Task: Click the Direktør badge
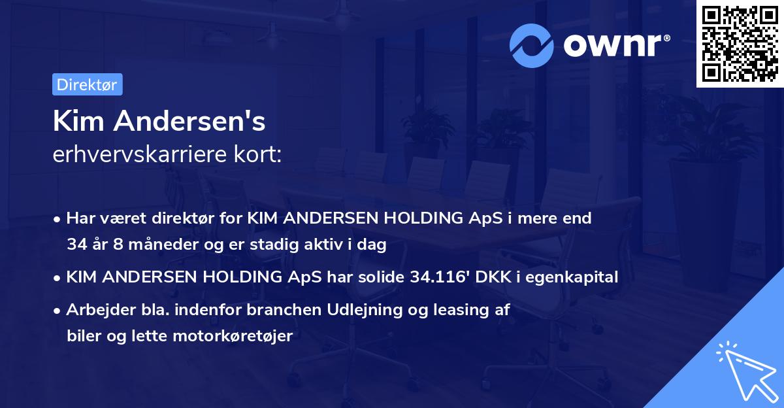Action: point(87,84)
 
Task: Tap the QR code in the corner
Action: point(740,44)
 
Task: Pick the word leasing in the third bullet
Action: point(457,310)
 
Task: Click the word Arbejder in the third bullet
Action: point(97,310)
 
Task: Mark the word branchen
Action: point(266,310)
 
